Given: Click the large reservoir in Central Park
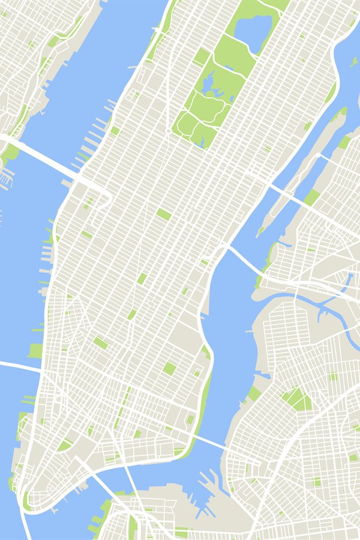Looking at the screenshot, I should (253, 33).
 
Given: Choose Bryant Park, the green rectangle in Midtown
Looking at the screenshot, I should (163, 214).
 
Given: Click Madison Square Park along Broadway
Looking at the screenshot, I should (142, 278).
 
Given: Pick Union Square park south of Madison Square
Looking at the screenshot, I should (132, 314).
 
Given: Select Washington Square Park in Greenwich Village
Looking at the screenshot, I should (100, 343).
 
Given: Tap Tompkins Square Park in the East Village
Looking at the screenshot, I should (170, 368).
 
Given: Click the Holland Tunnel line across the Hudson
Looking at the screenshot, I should (18, 364).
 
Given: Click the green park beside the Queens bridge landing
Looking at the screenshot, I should (311, 197).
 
